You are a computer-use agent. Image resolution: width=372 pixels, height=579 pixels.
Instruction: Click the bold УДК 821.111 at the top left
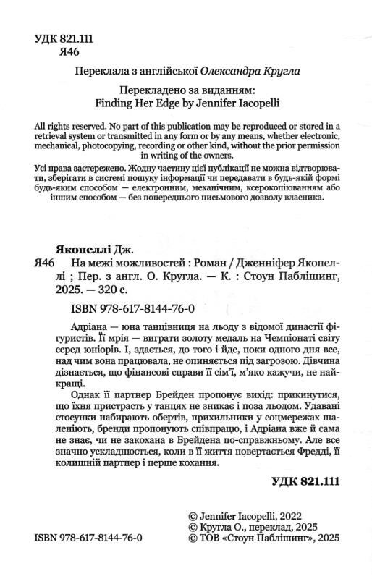click(64, 38)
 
